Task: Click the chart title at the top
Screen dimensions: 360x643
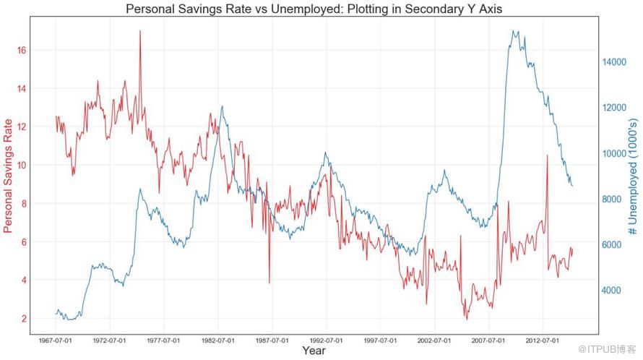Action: click(x=314, y=9)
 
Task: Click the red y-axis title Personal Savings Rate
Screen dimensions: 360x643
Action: click(x=9, y=176)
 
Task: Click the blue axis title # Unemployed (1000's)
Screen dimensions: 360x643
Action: click(x=632, y=176)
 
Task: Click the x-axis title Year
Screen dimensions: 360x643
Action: click(x=314, y=351)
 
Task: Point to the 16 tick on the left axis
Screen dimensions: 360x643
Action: click(x=22, y=50)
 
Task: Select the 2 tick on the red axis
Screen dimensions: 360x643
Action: click(x=25, y=319)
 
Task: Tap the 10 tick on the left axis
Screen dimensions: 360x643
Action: click(x=22, y=165)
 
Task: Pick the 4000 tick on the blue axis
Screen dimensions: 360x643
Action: click(x=614, y=291)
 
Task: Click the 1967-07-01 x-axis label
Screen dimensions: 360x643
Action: click(x=56, y=339)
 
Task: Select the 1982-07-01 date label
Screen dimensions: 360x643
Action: click(x=217, y=339)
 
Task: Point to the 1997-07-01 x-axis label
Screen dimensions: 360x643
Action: click(x=380, y=339)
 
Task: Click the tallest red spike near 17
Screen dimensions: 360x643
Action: click(x=140, y=31)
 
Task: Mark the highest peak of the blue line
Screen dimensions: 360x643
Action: click(x=513, y=31)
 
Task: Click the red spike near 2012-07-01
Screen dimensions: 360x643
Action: click(x=547, y=155)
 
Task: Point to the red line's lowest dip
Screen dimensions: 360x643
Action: click(x=466, y=319)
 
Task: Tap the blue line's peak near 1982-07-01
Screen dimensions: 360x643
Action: click(x=222, y=107)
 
